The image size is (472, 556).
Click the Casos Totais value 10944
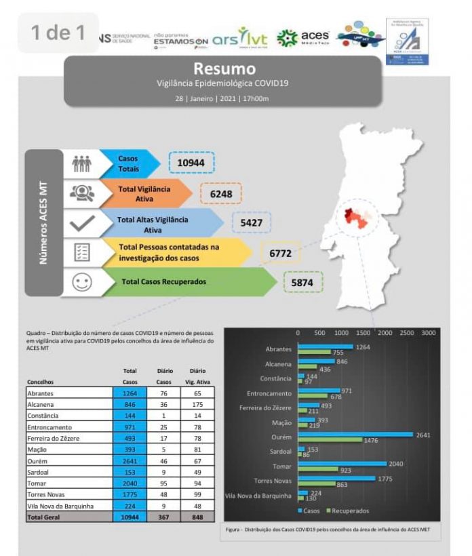click(x=191, y=163)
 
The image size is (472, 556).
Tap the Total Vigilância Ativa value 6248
click(x=221, y=194)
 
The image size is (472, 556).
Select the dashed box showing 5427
click(x=252, y=223)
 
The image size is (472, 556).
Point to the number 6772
click(x=280, y=253)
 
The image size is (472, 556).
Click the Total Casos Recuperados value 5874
click(x=302, y=281)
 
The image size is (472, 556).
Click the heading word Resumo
click(x=224, y=68)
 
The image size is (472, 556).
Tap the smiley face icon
click(x=82, y=281)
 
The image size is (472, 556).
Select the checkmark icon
click(x=82, y=223)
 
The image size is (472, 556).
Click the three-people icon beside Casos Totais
click(x=82, y=163)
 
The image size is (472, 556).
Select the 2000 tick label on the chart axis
click(x=385, y=333)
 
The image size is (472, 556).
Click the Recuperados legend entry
click(x=349, y=511)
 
